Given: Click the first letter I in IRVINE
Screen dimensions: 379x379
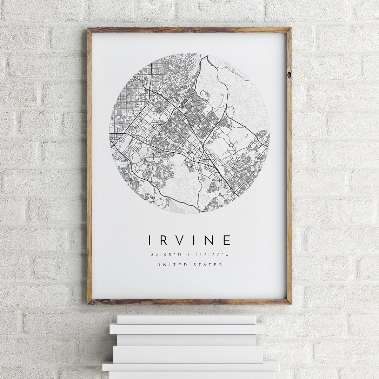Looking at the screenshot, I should click(150, 240).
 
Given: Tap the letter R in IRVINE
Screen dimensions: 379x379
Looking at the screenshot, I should click(165, 240).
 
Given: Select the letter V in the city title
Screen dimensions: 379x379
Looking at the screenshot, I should click(181, 240).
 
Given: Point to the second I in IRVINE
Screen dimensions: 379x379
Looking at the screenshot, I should click(197, 240).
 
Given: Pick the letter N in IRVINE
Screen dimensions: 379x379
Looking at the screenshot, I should click(211, 240).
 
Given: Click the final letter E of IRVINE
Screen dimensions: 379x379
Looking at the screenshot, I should click(227, 240).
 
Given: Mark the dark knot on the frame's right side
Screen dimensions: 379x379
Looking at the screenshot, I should click(289, 74).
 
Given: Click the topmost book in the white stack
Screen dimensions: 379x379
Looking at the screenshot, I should click(186, 319).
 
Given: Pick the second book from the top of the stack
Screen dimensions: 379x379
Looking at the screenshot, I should click(187, 329).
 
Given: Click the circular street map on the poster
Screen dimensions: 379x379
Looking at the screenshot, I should click(189, 133).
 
